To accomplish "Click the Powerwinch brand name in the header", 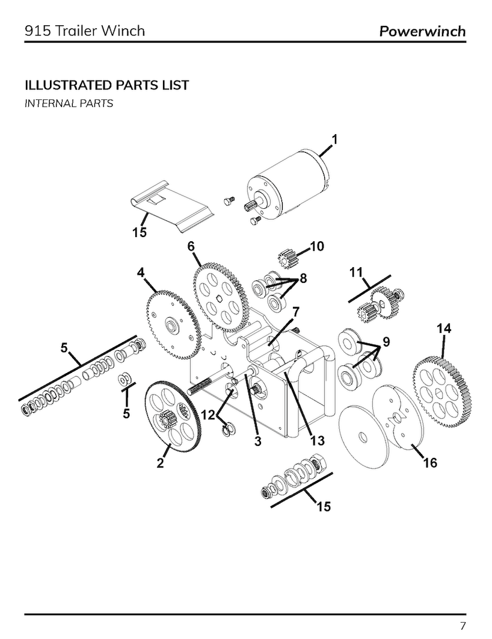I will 422,31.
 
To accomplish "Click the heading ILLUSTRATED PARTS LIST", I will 106,85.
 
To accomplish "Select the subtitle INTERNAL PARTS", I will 69,103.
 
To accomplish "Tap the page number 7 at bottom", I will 463,625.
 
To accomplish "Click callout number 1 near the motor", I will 334,140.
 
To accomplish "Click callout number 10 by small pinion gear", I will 316,247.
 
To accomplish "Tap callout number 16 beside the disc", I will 430,463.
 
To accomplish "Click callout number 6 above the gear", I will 191,245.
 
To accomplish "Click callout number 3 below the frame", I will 257,441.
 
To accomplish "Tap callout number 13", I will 318,440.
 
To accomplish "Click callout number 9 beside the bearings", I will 387,342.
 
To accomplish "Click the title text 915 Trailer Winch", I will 85,30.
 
